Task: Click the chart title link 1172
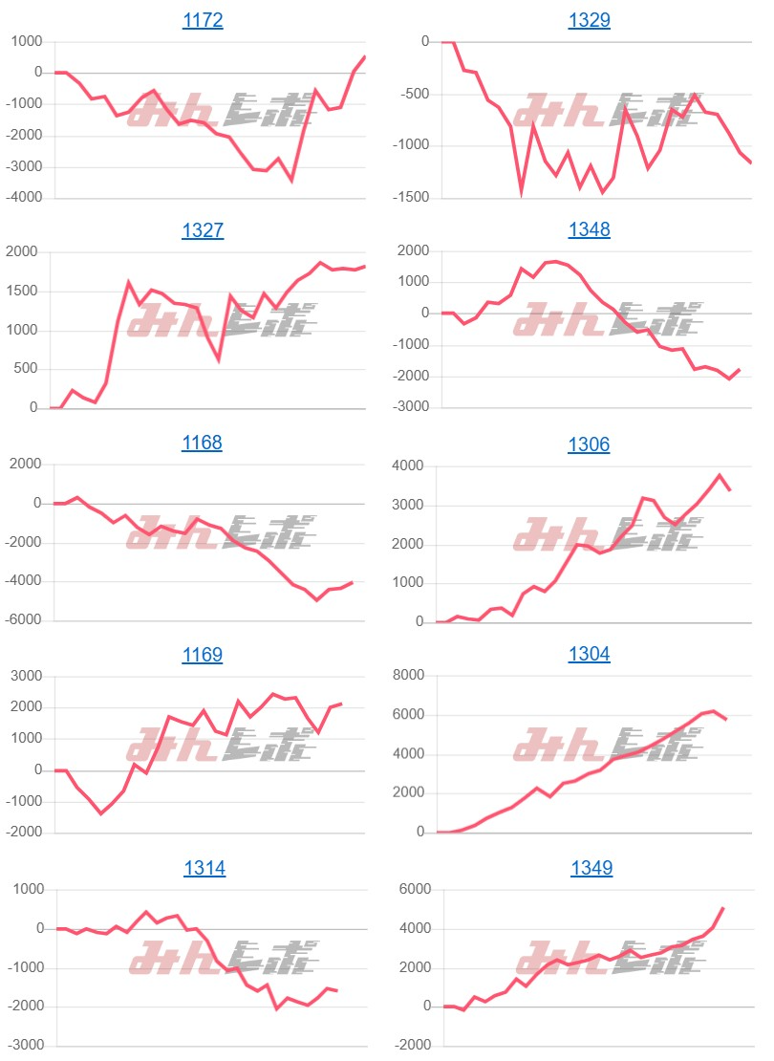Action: [x=203, y=20]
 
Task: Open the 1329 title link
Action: [x=589, y=20]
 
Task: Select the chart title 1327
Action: [x=203, y=230]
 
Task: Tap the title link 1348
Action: [x=589, y=230]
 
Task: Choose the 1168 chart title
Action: [x=202, y=443]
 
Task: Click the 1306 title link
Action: [x=589, y=444]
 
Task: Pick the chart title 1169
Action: [x=202, y=655]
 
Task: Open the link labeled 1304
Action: [x=589, y=655]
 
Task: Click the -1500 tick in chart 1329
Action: [x=411, y=198]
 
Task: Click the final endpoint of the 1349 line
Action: [x=723, y=907]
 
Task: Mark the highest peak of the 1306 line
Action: [x=720, y=475]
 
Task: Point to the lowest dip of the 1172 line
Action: [x=291, y=180]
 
